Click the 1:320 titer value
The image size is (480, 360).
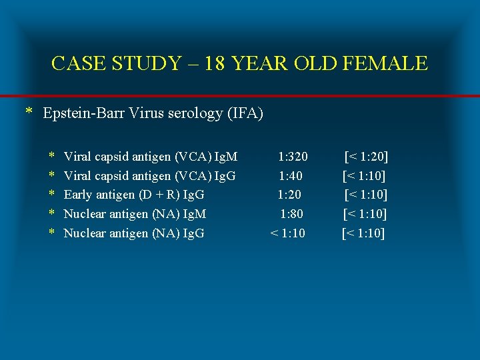(293, 157)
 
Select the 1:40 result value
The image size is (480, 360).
(291, 176)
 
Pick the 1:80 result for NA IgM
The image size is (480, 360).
(291, 214)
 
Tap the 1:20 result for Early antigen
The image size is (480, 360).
(289, 195)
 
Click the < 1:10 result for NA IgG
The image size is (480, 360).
(287, 233)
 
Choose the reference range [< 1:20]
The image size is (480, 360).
(366, 157)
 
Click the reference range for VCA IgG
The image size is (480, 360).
(364, 176)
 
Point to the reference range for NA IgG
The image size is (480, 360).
(363, 233)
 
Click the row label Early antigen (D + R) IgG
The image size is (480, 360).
(133, 195)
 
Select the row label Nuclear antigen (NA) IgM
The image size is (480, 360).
(135, 214)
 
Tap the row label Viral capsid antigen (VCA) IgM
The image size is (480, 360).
(150, 157)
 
